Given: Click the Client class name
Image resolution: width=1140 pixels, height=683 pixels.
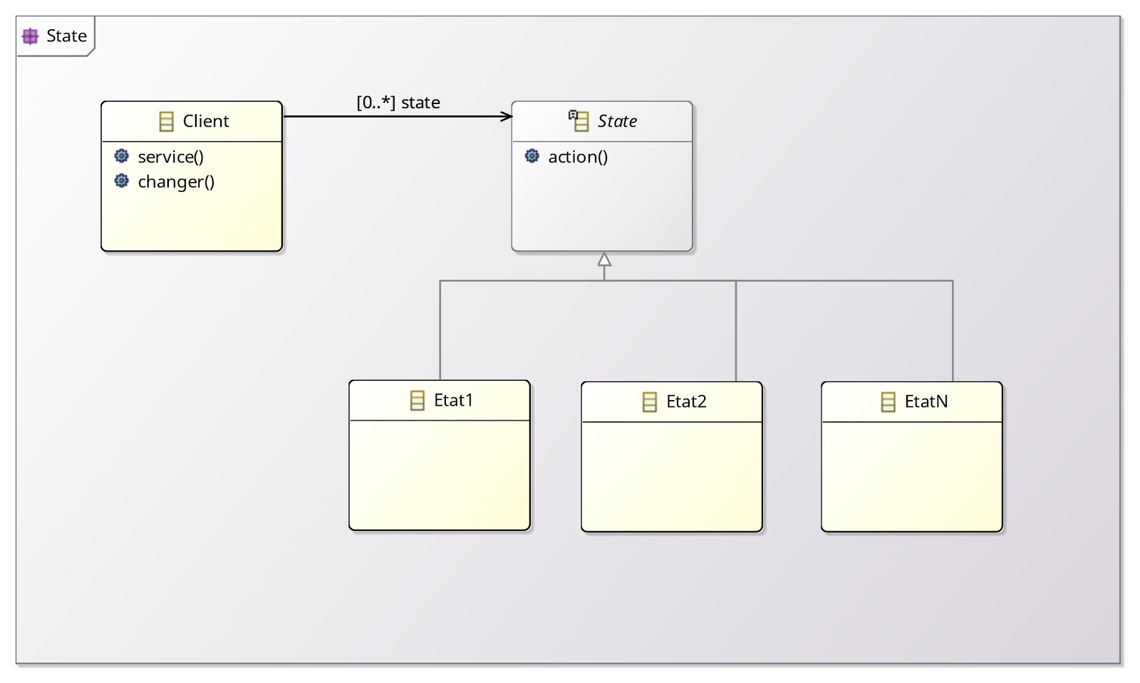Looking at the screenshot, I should (205, 121).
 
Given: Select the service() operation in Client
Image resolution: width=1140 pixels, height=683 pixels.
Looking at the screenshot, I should (170, 157).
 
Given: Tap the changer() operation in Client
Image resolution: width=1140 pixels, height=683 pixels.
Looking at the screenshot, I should (176, 182).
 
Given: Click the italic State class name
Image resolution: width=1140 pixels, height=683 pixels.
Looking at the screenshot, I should (617, 121).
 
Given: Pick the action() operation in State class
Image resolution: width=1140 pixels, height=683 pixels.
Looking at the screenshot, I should (578, 157).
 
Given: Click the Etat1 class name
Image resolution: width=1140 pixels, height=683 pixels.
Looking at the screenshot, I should (453, 401).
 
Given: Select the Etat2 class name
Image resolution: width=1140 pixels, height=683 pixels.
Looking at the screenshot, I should (686, 402).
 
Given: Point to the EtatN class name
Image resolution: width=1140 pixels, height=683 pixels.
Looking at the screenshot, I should (926, 402).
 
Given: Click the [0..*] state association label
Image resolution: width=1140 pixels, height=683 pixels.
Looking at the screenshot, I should (398, 103).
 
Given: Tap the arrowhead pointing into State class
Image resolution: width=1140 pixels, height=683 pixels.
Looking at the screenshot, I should (507, 116).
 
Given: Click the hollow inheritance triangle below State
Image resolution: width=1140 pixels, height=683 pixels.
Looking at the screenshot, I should (604, 260).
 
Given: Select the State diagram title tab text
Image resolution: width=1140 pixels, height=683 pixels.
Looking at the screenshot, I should (66, 36).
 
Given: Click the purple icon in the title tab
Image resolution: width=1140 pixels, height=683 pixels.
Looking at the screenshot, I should (30, 36).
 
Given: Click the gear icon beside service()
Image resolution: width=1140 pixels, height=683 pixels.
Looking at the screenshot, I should (122, 156).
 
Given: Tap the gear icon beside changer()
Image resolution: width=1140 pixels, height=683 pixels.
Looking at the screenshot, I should (122, 181).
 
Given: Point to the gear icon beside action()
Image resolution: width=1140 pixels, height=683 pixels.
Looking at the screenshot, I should (532, 156).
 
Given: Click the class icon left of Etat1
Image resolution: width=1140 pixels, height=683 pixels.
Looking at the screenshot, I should (418, 401).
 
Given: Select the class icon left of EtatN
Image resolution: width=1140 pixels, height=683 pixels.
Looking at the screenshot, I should (888, 402).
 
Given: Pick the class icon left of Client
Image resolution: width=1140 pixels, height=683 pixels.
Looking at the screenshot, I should (166, 122).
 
